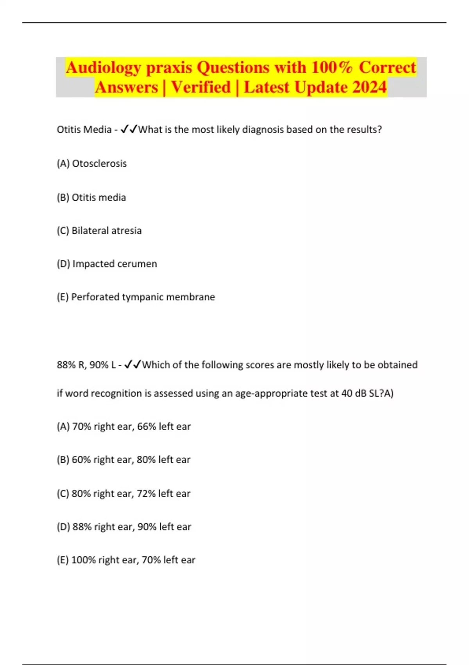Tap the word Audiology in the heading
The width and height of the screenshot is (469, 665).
pos(103,68)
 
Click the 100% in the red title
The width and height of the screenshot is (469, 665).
pos(331,67)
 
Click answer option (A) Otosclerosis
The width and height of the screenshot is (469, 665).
pos(92,164)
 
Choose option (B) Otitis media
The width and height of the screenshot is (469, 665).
pos(91,198)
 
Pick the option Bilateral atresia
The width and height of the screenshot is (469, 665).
pos(99,231)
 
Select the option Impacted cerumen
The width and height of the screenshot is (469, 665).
pos(107,264)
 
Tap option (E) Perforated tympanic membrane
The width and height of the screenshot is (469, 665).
pos(136,297)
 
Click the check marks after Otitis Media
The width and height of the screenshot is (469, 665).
pos(129,129)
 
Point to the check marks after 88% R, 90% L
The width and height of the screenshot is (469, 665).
pos(132,365)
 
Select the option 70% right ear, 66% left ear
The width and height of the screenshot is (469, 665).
pos(124,427)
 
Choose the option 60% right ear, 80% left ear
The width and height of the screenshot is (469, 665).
pos(124,460)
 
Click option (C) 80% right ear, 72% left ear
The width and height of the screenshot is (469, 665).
pos(124,494)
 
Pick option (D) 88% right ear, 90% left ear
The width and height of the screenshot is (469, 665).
pos(124,527)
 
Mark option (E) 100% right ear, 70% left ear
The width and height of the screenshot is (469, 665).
pos(126,560)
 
